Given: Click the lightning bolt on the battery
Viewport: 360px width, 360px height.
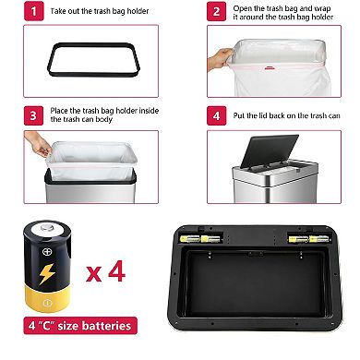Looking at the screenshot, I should coord(45,274).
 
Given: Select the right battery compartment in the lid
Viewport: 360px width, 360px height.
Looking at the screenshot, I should coord(309,238).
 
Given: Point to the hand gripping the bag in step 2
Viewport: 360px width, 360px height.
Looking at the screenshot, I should coord(218,58).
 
